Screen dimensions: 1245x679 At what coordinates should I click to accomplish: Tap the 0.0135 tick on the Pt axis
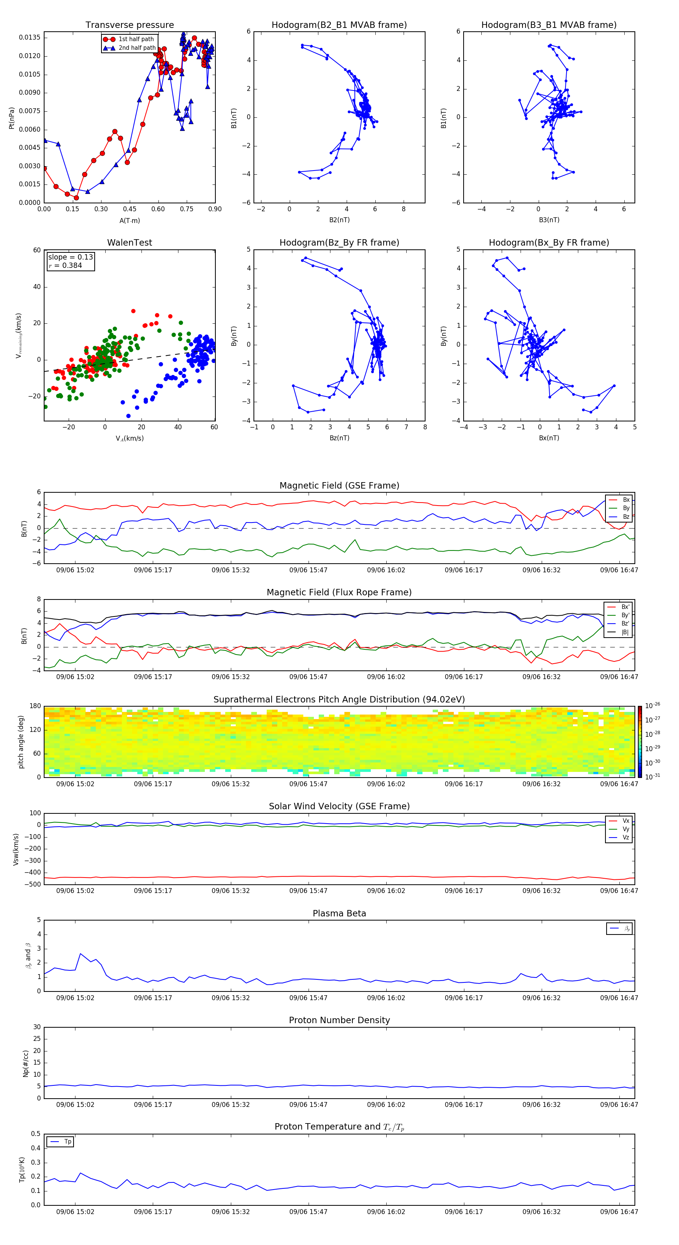point(29,38)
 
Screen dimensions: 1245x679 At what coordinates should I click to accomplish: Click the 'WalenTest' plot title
point(129,243)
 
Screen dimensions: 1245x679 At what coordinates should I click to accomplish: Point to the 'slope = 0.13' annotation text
point(70,257)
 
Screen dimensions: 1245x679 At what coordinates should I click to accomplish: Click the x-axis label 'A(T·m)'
point(129,221)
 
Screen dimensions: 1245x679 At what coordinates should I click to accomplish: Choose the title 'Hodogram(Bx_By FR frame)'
point(548,243)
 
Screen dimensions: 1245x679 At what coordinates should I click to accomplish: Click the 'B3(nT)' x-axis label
point(548,220)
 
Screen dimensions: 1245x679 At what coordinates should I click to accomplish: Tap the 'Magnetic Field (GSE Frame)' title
point(339,486)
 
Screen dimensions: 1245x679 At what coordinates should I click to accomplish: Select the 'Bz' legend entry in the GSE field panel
point(626,516)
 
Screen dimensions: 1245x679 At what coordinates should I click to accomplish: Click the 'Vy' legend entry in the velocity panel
point(626,829)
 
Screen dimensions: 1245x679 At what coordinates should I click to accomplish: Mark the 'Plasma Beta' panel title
point(339,913)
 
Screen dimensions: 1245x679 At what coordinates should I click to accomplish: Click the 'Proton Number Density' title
point(339,1020)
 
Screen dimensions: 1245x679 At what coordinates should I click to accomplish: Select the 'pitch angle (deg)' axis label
point(21,742)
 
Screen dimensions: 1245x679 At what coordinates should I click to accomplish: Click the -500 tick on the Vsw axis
point(33,884)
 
